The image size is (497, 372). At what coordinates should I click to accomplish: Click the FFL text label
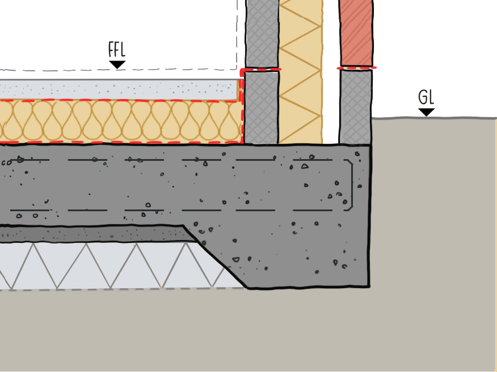(117, 50)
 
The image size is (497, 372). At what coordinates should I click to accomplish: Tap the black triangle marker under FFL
(117, 65)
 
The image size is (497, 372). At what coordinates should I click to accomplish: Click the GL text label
(426, 97)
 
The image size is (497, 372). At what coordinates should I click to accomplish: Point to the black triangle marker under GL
(426, 112)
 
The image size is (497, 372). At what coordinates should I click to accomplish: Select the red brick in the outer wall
(356, 34)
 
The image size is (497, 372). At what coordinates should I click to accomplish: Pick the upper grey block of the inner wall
(262, 34)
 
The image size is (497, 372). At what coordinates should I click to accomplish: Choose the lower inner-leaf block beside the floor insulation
(262, 108)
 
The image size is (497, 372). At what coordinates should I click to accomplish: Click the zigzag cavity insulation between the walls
(300, 74)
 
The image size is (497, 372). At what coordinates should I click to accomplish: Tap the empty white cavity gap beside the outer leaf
(330, 74)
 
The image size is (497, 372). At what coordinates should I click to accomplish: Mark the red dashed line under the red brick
(356, 68)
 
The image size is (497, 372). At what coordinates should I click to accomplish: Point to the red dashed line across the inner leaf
(262, 70)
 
